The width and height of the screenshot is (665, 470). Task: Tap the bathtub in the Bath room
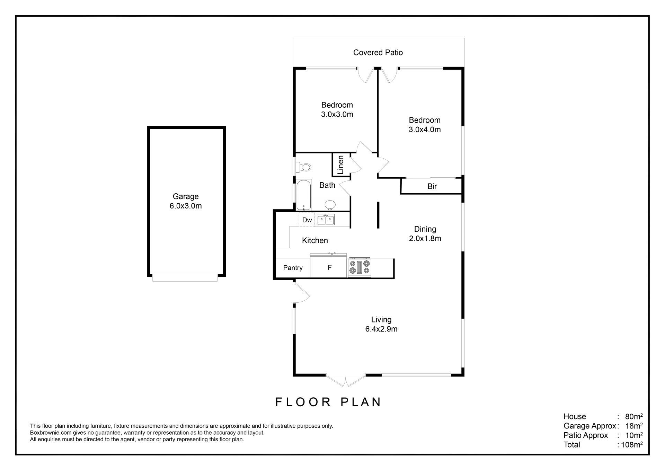point(304,195)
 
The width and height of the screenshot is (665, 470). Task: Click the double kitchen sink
point(326,220)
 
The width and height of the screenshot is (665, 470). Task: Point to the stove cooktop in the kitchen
point(360,267)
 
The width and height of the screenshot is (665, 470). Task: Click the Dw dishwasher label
point(307,220)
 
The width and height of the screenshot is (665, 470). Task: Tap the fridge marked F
point(330,267)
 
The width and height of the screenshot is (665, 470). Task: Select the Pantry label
point(293,268)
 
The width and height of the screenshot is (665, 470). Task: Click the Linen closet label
point(340,165)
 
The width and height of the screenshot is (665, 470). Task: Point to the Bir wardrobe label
point(432,186)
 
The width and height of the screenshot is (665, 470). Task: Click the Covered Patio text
point(378,53)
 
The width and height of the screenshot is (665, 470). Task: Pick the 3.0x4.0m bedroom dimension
point(425,130)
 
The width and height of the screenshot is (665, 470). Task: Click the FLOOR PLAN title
point(328,402)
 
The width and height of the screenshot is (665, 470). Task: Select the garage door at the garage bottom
point(185,278)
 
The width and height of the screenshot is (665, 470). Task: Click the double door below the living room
point(346,381)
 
